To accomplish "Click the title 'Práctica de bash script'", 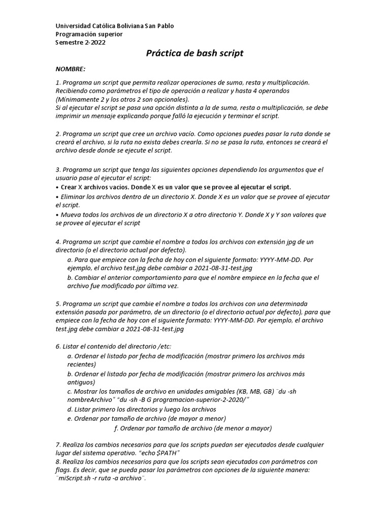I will (195, 53).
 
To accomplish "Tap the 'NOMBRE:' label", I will (71, 69).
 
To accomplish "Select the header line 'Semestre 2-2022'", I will (81, 42).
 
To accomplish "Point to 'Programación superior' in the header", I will (89, 34).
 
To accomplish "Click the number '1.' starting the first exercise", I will (58, 82).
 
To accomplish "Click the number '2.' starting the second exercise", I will (58, 133).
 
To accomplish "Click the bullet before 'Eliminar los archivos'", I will (57, 196).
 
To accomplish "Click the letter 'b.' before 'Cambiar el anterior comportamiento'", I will (70, 278).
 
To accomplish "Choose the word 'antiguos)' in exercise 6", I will (81, 383).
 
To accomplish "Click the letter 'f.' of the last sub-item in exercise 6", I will (117, 428).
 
